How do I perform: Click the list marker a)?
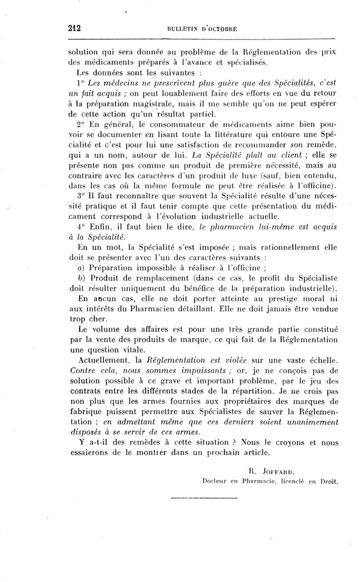tap(81, 266)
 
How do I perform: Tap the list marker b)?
tap(81, 276)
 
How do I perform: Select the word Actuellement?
tap(103, 360)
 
